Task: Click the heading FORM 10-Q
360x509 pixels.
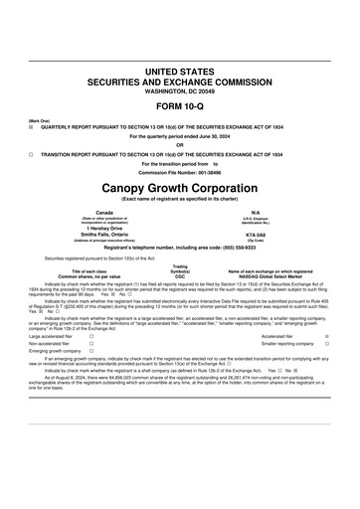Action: click(x=180, y=104)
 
